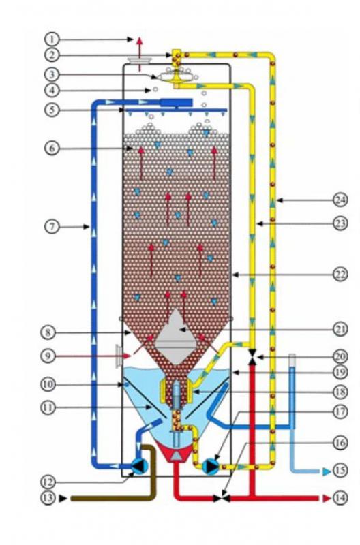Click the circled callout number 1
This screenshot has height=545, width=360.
coord(52,39)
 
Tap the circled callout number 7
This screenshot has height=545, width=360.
coord(52,227)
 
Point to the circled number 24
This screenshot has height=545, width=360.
coord(340,200)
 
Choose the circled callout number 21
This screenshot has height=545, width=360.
coord(340,329)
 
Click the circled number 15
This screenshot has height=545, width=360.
coord(340,470)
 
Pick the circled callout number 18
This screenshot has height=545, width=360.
coord(340,392)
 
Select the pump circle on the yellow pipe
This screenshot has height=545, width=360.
coord(211,467)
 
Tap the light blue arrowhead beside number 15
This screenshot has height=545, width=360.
coord(327,471)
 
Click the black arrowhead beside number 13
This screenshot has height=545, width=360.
coord(63,498)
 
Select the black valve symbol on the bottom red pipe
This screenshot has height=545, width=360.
coord(222,499)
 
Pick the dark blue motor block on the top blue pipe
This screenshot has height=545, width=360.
coord(176,103)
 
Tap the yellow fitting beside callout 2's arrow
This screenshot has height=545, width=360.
coord(177,58)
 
